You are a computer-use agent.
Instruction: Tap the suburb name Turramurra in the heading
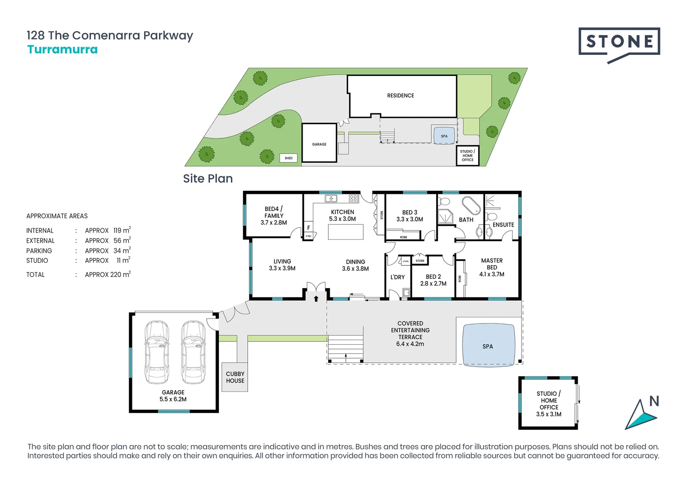coord(63,49)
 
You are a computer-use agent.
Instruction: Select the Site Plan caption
coord(208,179)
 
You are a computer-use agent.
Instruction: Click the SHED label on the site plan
coord(289,158)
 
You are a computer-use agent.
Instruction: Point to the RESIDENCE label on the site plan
coord(400,95)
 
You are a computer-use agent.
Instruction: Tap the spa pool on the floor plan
coord(489,345)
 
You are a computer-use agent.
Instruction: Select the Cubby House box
coord(235,377)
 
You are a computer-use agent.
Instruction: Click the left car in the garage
coord(157,352)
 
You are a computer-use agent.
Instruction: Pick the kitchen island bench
coord(345,232)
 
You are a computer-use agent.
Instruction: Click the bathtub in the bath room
coord(471,205)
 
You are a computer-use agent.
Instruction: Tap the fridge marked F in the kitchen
coord(308,228)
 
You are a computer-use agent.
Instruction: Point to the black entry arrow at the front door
coord(316,298)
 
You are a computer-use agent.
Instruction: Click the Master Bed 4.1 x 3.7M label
coord(492,267)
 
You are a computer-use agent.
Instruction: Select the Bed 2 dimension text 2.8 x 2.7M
coord(433,283)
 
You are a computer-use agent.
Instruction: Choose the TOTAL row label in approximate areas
coord(36,274)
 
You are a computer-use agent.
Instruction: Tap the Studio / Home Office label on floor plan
coord(548,404)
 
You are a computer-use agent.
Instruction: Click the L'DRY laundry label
coord(397,277)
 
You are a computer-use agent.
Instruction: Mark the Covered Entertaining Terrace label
coord(410,333)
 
